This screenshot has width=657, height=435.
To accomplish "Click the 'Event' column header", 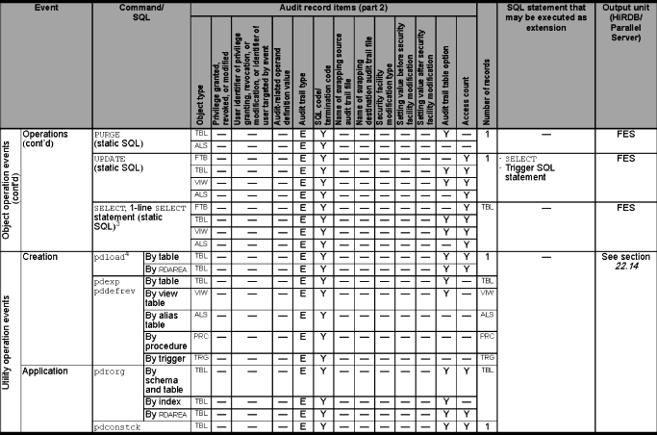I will [x=47, y=6].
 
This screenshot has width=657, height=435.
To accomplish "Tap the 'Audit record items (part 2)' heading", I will [x=332, y=6].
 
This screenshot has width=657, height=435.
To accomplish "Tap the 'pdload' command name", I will [x=112, y=259].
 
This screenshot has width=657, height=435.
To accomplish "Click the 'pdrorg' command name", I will [x=112, y=370].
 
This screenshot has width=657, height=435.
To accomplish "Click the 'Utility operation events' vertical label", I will [x=8, y=341].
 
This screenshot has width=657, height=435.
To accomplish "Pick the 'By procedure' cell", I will [x=168, y=341].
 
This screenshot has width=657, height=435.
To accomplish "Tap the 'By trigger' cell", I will [x=167, y=357].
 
